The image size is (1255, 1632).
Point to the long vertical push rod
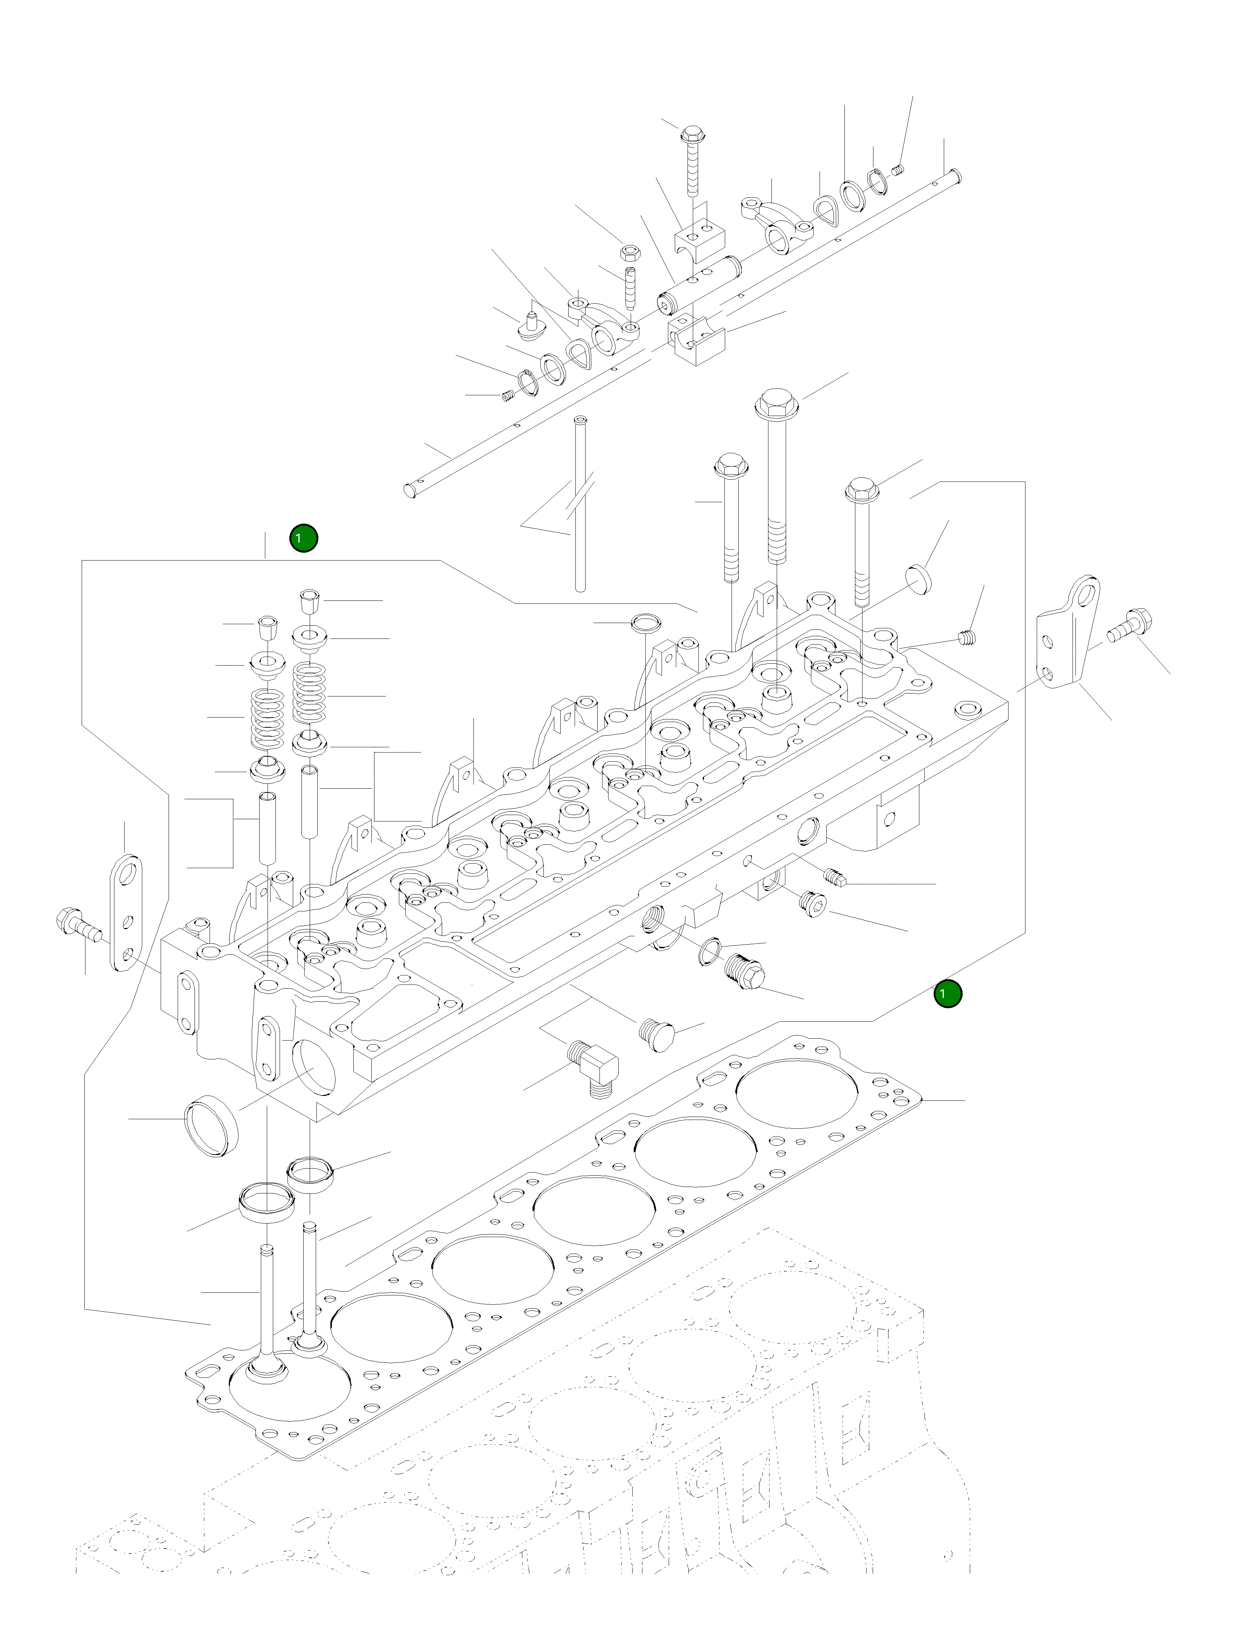580,508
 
